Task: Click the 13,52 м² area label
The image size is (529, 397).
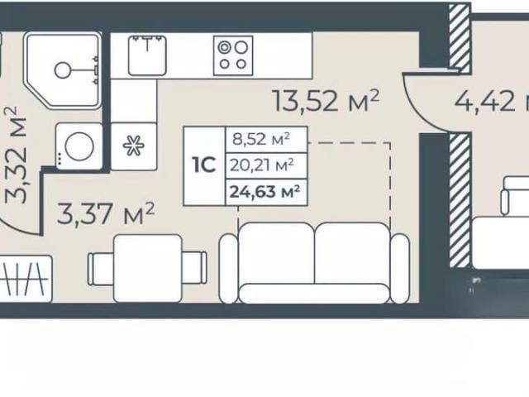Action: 326,101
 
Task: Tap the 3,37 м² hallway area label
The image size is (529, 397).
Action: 106,213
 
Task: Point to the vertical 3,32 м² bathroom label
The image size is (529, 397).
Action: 16,155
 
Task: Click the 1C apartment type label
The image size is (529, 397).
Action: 204,165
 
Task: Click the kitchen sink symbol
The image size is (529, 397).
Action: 147,55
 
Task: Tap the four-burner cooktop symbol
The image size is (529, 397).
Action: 233,55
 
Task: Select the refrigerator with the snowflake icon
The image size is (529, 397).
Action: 134,146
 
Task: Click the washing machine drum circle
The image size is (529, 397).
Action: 79,146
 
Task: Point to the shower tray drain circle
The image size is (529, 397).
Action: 62,70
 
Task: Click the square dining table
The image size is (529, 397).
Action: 148,269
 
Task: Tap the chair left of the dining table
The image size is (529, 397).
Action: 101,269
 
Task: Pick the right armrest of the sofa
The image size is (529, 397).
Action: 400,269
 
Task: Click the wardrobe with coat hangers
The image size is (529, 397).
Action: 26,279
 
